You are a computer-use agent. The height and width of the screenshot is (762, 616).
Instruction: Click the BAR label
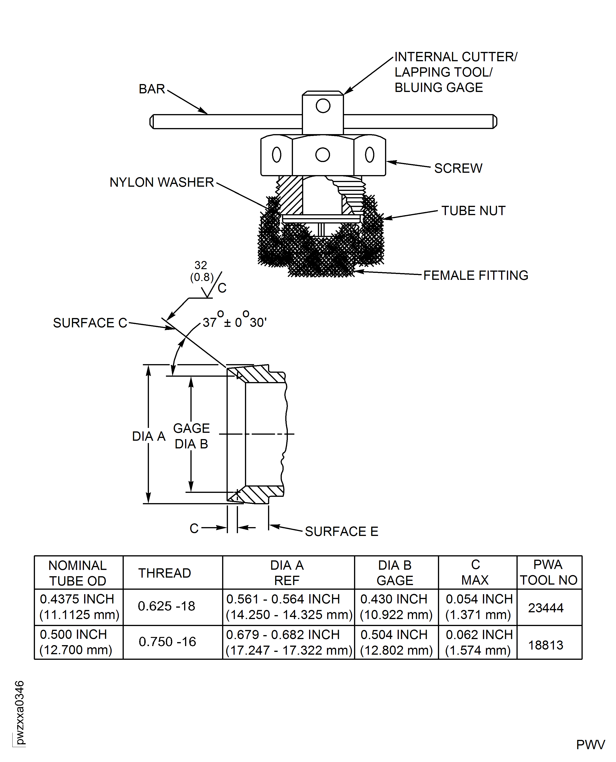(151, 89)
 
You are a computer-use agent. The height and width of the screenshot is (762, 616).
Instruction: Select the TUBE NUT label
(473, 211)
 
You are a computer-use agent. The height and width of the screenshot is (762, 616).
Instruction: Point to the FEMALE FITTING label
(475, 275)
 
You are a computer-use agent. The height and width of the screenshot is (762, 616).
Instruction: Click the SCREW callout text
(458, 168)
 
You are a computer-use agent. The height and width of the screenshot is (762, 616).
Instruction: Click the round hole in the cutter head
(323, 106)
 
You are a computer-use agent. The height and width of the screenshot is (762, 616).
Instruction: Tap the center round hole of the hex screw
(323, 155)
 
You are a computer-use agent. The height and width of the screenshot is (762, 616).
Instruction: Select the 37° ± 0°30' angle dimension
(234, 321)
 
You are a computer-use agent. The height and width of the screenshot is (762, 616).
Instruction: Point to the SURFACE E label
(341, 532)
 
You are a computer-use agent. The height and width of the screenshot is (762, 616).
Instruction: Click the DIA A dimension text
(149, 436)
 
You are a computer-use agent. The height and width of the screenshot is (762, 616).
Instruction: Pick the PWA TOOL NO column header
(549, 572)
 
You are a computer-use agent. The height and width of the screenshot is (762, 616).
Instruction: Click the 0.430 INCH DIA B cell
(396, 607)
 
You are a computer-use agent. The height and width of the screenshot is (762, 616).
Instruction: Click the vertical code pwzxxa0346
(20, 713)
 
